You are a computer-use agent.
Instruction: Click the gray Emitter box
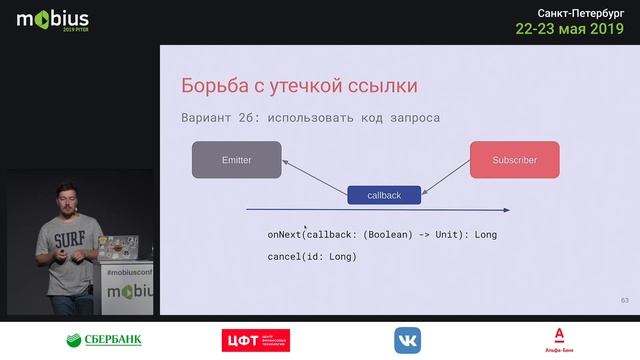(x=237, y=160)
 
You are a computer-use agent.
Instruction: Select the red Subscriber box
(x=514, y=160)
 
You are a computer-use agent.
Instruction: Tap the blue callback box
(x=384, y=195)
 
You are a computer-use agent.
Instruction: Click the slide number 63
(x=625, y=300)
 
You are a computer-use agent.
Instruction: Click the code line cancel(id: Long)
(x=311, y=257)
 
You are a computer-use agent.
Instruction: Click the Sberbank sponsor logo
(x=104, y=339)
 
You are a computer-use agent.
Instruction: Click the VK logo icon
(x=407, y=339)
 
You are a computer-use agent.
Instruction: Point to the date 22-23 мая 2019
(x=568, y=30)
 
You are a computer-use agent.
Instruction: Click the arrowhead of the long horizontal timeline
(x=506, y=211)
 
